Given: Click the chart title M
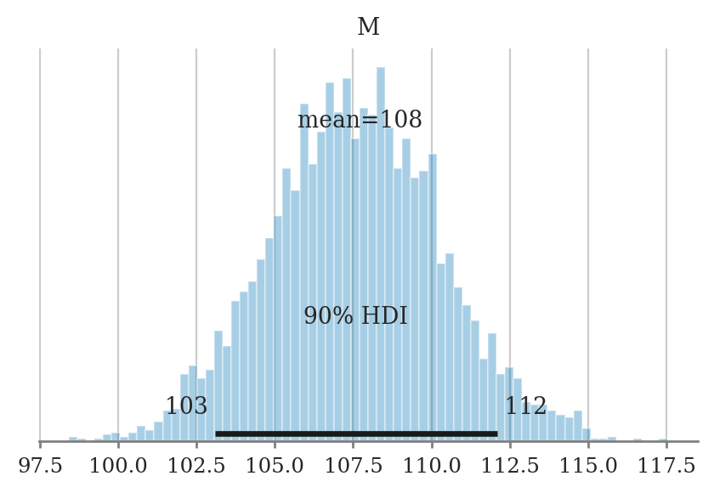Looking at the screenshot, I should [368, 27].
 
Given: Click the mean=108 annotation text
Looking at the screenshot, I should [360, 120].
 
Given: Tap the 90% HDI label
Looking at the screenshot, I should [355, 316].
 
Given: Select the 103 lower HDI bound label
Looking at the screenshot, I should [186, 406].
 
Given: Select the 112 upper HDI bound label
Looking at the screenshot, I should [525, 406].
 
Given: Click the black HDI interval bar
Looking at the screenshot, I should [356, 433].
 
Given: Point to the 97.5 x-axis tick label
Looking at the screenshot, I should [40, 466].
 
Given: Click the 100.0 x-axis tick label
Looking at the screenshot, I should [118, 466].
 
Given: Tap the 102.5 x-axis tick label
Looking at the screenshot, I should [196, 466].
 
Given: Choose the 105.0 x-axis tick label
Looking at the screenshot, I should [275, 466].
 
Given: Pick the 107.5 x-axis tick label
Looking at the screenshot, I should [353, 466].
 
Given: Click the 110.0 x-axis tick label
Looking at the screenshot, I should [432, 466].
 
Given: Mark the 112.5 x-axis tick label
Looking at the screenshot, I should [510, 466].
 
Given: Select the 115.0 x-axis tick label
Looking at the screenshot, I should [588, 466].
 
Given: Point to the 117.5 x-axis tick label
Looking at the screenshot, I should [666, 466].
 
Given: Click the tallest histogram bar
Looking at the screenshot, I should [381, 255].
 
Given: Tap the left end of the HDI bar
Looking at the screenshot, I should [217, 433].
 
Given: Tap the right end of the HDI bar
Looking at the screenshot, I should [496, 433].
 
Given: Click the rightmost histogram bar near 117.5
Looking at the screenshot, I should [663, 439].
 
